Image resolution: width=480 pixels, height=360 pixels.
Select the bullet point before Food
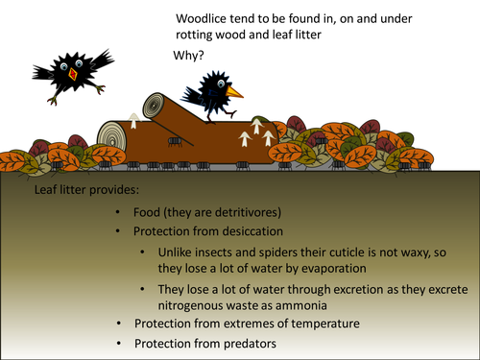click(117, 213)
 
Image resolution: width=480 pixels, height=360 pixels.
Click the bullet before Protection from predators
click(117, 343)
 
